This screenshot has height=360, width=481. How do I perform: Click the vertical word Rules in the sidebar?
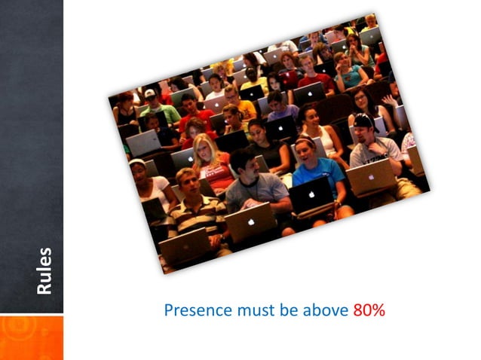point(44,270)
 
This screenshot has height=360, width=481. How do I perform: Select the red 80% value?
point(369,310)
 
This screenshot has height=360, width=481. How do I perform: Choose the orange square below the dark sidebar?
point(32,337)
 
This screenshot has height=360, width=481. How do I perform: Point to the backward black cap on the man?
point(363,120)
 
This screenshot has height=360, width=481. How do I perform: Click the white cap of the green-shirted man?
point(149,94)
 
